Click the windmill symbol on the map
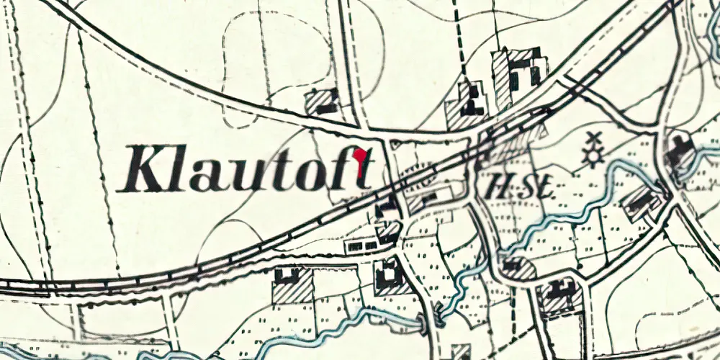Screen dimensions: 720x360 coord(593,149)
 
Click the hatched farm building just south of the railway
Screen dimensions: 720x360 coord(293,285)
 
